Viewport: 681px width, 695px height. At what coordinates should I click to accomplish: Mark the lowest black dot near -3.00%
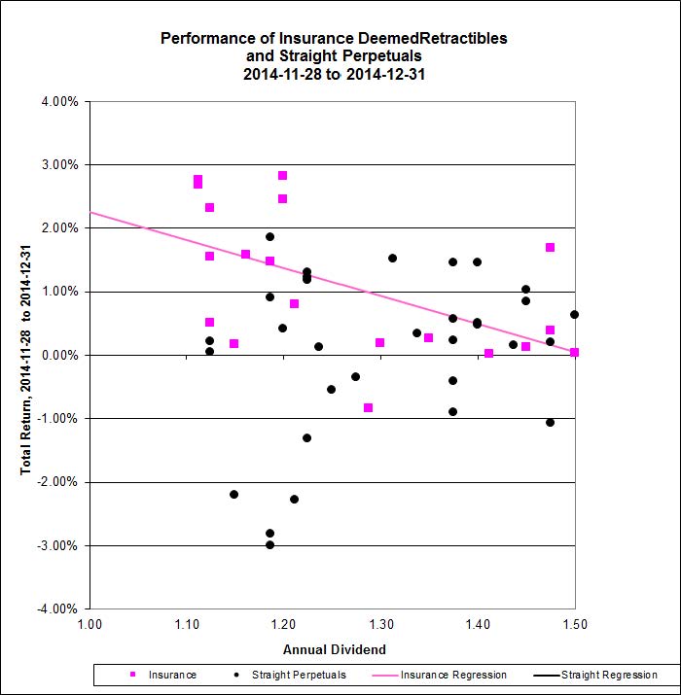(270, 544)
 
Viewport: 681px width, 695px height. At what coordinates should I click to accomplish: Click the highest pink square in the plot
(282, 176)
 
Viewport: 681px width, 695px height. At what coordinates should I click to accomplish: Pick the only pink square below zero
(368, 408)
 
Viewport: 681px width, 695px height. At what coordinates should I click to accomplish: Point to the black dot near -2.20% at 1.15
(234, 495)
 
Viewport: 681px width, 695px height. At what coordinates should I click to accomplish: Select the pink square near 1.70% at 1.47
(551, 248)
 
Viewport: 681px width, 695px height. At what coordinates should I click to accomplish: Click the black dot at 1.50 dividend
(575, 315)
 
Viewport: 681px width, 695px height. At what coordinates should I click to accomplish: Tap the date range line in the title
(334, 73)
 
